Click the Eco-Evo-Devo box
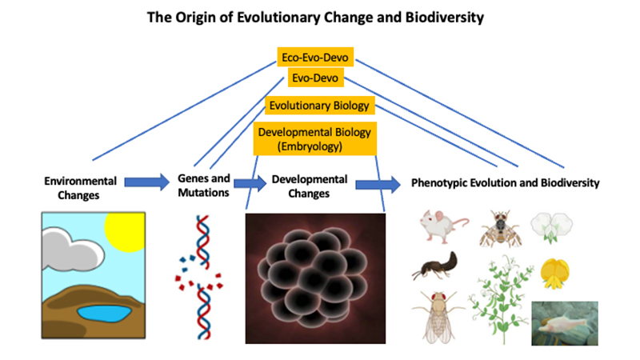[x=315, y=57]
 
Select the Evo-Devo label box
[x=315, y=78]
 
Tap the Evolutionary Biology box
[x=319, y=106]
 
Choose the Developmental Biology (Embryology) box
[x=314, y=138]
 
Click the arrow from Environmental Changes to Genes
[x=146, y=182]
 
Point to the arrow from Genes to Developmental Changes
[x=250, y=183]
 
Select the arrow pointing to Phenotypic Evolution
[x=378, y=185]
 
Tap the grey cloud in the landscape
[x=73, y=250]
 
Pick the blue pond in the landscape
[x=104, y=313]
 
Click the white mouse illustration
[x=443, y=226]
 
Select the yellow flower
[x=554, y=274]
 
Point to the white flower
[x=551, y=226]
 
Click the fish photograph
[x=565, y=323]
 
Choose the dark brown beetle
[x=434, y=266]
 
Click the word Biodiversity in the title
[x=444, y=18]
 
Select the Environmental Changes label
[x=80, y=188]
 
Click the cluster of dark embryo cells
[x=313, y=278]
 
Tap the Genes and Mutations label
[x=204, y=186]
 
